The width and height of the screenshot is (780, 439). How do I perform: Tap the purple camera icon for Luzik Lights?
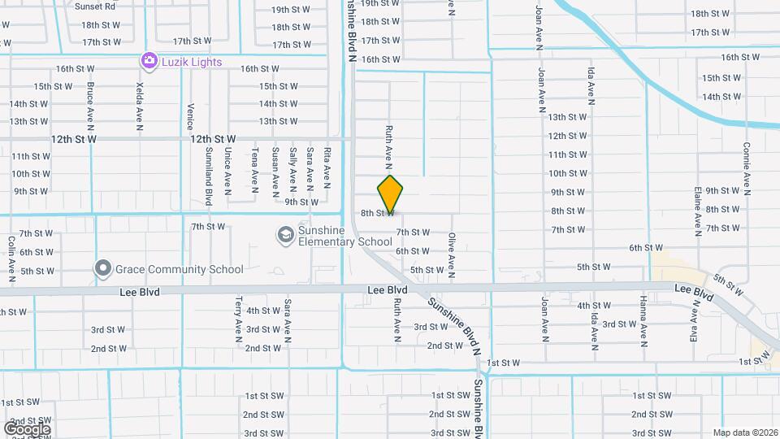[148, 60]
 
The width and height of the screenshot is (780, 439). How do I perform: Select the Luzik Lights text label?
[191, 61]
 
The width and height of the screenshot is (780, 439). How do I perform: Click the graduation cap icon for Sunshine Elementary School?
[285, 235]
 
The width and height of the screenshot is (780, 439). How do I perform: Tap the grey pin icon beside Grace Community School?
[102, 267]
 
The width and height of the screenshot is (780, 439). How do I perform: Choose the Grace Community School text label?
[180, 269]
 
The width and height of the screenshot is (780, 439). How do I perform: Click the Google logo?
[27, 428]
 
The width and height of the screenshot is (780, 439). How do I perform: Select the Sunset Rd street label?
[95, 6]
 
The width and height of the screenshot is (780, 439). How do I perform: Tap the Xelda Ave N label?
[141, 106]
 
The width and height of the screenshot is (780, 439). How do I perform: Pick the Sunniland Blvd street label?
[209, 176]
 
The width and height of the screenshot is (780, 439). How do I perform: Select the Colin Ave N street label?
[11, 254]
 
